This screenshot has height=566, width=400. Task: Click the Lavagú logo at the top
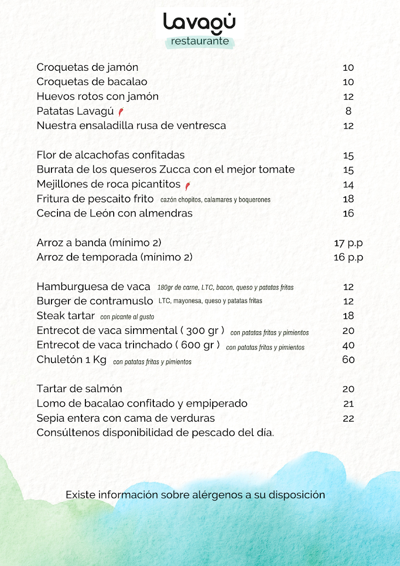pos(199,22)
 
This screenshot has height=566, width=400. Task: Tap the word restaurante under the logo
pos(200,41)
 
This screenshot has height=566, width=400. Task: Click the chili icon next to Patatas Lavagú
pos(121,112)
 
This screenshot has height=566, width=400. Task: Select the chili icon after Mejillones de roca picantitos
pos(188,184)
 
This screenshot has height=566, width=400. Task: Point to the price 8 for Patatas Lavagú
pos(348,111)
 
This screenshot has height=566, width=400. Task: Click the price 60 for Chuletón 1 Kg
pos(348,359)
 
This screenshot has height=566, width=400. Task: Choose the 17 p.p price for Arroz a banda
pos(348,243)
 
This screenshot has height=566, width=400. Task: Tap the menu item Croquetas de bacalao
pos(92,82)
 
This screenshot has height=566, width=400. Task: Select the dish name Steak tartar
pos(66,316)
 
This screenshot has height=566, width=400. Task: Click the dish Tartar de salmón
pos(79,389)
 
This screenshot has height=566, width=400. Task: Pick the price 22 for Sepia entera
pos(348,418)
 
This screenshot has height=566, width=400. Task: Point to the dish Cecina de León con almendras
pos(115,213)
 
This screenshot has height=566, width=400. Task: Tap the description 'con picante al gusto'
pos(127,317)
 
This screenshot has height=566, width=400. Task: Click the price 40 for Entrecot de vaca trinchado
pos(348,345)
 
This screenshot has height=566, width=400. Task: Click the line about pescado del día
pos(155,433)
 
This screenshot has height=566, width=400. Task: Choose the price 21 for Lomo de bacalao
pos(348,404)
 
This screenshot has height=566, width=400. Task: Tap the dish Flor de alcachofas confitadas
pos(111,155)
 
